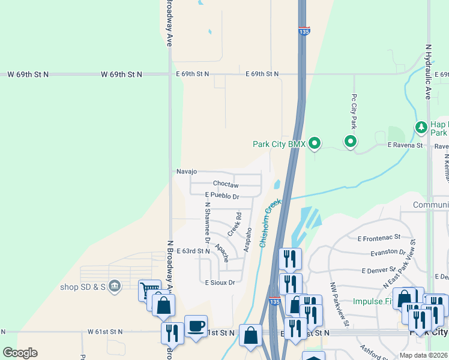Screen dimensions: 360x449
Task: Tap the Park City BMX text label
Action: [279, 144]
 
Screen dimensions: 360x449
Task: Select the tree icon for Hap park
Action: [421, 127]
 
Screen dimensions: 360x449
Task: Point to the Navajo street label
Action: [187, 172]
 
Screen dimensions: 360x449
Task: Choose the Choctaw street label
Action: [226, 184]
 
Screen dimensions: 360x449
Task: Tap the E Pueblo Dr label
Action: [221, 196]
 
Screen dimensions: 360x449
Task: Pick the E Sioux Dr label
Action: [219, 281]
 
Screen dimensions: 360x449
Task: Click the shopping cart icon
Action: [149, 290]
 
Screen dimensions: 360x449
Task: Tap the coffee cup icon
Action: [196, 326]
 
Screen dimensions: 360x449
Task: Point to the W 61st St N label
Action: [105, 331]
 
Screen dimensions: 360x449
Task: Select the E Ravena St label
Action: [405, 145]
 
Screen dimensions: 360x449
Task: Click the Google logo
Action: [20, 353]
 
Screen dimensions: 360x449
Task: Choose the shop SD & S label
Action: [83, 286]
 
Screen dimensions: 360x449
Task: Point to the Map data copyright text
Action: [423, 355]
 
